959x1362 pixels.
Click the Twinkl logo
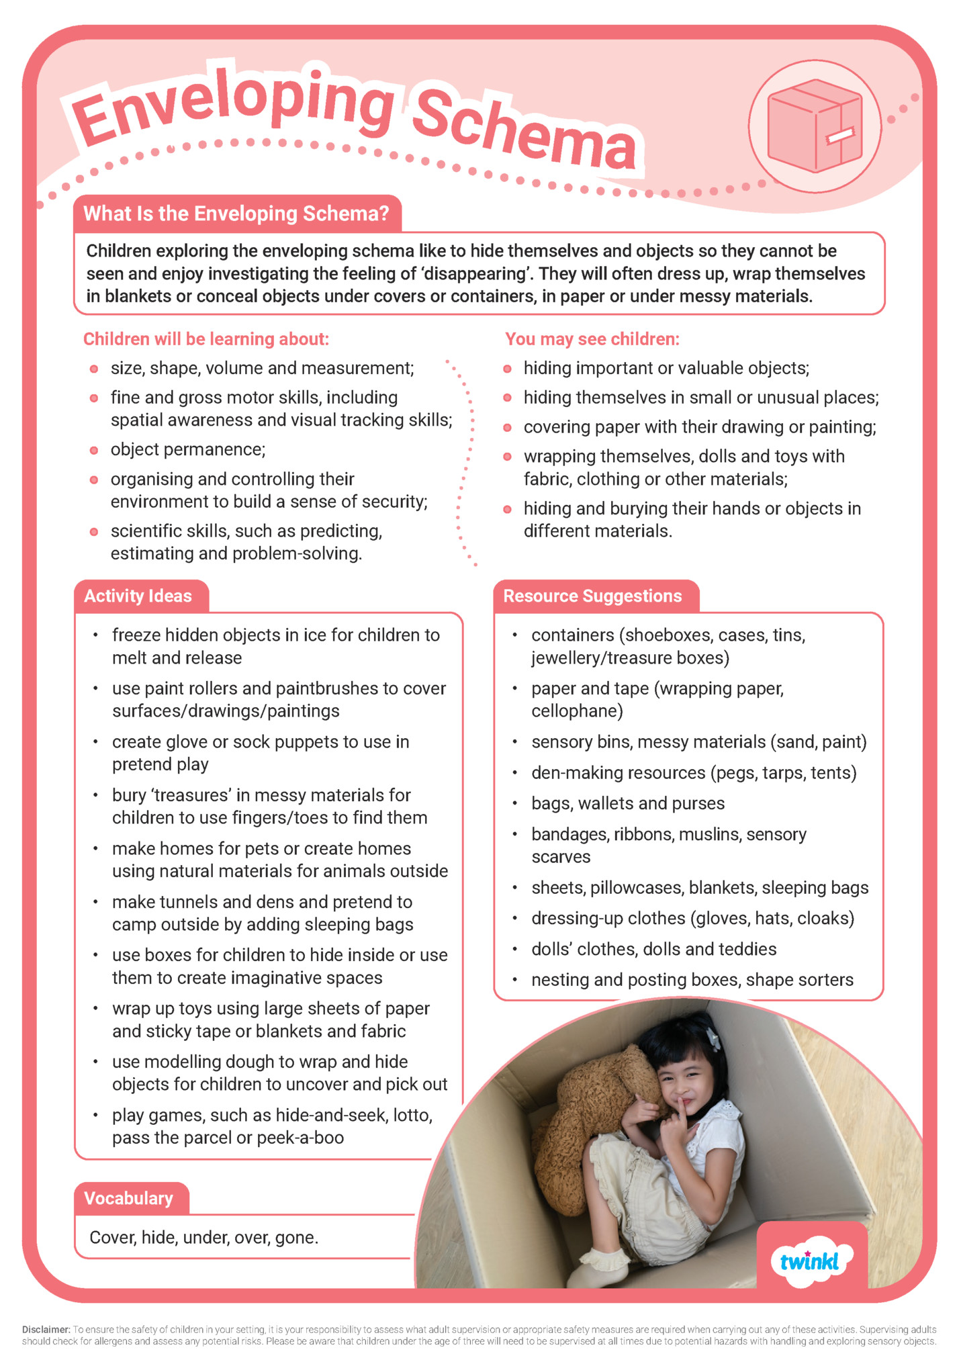click(811, 1261)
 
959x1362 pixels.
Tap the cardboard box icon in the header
click(815, 126)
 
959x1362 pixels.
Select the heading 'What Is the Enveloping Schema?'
click(236, 214)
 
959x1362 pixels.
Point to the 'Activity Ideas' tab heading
click(138, 596)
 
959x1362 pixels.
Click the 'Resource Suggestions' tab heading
click(592, 596)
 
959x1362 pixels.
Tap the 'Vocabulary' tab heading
click(129, 1198)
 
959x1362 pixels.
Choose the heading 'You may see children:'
click(592, 339)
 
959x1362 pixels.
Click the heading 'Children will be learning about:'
click(206, 339)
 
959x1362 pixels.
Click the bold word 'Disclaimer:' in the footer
click(46, 1329)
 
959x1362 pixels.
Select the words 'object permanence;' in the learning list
click(188, 449)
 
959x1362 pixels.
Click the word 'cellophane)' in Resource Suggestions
click(577, 711)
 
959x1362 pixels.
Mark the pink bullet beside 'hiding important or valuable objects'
click(508, 369)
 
